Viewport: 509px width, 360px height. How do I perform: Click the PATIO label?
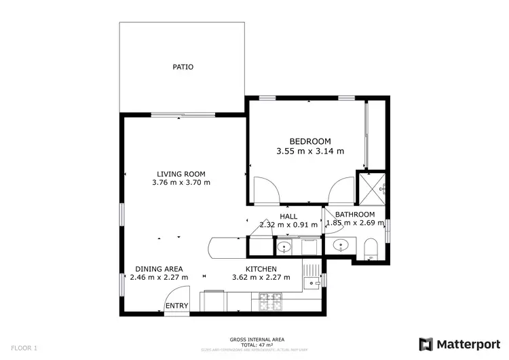pyautogui.click(x=182, y=67)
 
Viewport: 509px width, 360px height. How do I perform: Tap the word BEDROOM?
pyautogui.click(x=310, y=141)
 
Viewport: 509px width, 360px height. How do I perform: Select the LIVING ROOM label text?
pyautogui.click(x=181, y=174)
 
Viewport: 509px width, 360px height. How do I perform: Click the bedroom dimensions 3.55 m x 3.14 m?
pyautogui.click(x=310, y=151)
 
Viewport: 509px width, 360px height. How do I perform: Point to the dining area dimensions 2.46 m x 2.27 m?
pyautogui.click(x=158, y=277)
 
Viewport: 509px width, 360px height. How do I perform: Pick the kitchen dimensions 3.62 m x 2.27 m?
pyautogui.click(x=261, y=277)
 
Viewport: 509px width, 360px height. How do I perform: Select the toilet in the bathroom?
pyautogui.click(x=371, y=249)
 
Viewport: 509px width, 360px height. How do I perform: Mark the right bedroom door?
pyautogui.click(x=339, y=190)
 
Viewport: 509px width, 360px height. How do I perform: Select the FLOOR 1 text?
pyautogui.click(x=23, y=348)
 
